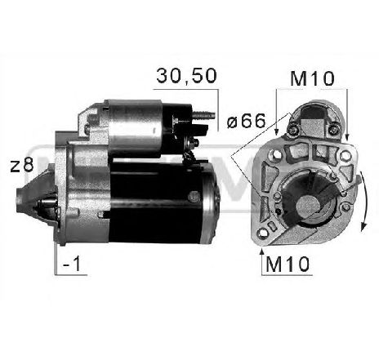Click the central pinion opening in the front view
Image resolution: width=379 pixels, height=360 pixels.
311,204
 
